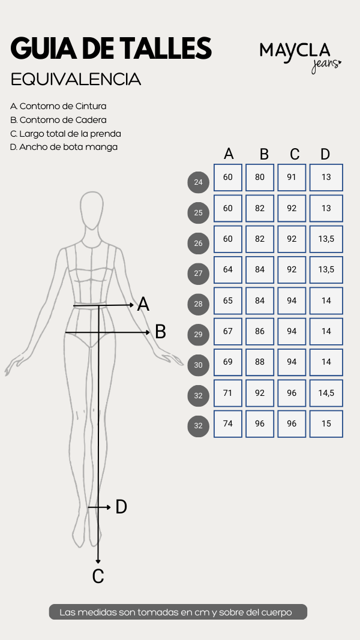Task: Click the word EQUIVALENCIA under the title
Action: (76, 80)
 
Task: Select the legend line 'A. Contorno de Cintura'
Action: (58, 106)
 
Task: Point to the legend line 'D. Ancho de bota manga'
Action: (64, 147)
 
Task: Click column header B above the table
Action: (264, 154)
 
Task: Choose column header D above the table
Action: (325, 154)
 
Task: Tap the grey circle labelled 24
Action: (199, 182)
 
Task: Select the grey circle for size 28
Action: (199, 304)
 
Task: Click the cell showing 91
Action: (292, 178)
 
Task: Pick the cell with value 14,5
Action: (326, 393)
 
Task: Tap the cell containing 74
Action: (228, 424)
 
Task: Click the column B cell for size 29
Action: (260, 332)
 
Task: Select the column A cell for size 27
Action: (228, 270)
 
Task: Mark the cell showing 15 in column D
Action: (326, 424)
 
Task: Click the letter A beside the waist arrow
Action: (143, 305)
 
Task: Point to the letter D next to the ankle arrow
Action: (121, 507)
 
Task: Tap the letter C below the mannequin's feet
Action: (98, 576)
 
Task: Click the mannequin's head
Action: (91, 210)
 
